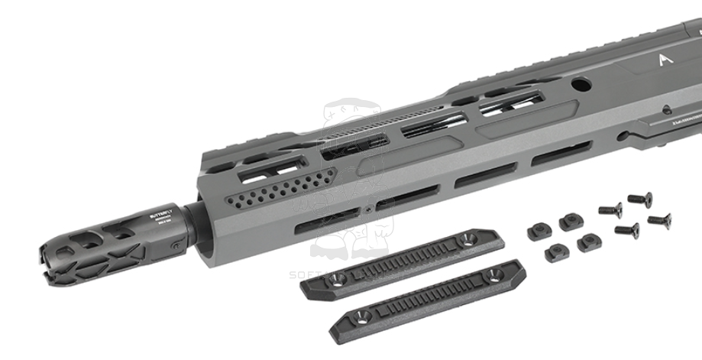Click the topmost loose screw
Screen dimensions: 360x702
click(x=640, y=199)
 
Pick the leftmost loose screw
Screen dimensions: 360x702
click(x=610, y=209)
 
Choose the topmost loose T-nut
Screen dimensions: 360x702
click(x=569, y=222)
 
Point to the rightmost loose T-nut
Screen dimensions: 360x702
click(x=589, y=242)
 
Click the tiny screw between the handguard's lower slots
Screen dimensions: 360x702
click(x=369, y=206)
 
